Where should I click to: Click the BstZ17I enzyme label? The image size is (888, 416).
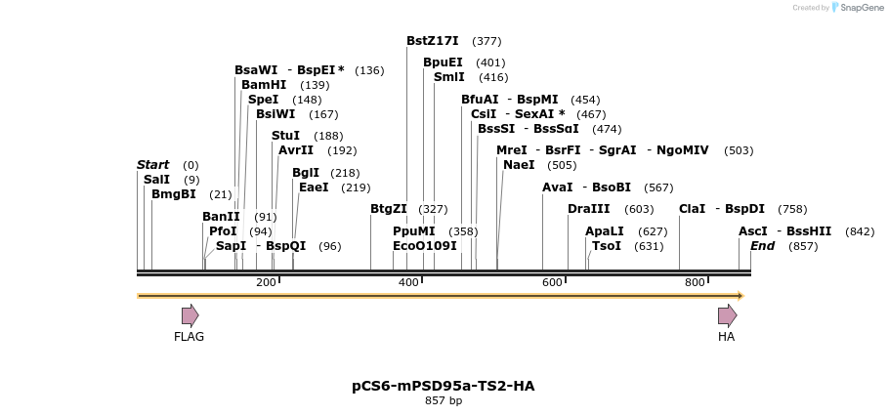[432, 41]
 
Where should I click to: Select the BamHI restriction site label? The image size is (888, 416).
[264, 85]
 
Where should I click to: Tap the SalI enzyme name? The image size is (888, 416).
[156, 180]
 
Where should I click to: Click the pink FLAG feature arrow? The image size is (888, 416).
[190, 315]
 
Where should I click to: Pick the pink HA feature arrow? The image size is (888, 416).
[727, 315]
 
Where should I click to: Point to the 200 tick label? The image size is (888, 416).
[266, 283]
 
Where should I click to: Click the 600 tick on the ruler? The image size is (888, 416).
[552, 283]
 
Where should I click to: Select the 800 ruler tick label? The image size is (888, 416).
[695, 283]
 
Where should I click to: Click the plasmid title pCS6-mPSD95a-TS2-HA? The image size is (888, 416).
[443, 386]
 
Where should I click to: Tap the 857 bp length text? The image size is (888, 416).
[443, 401]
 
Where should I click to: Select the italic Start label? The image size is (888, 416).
[152, 165]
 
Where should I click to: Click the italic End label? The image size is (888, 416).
[762, 246]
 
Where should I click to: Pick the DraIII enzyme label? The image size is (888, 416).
[588, 209]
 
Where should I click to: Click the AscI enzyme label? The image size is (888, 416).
[752, 231]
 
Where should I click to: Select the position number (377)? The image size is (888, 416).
[486, 41]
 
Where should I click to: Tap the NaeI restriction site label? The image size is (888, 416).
[519, 165]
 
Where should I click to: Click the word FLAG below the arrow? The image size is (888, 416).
[189, 337]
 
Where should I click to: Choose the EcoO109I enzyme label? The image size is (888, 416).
[424, 246]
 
